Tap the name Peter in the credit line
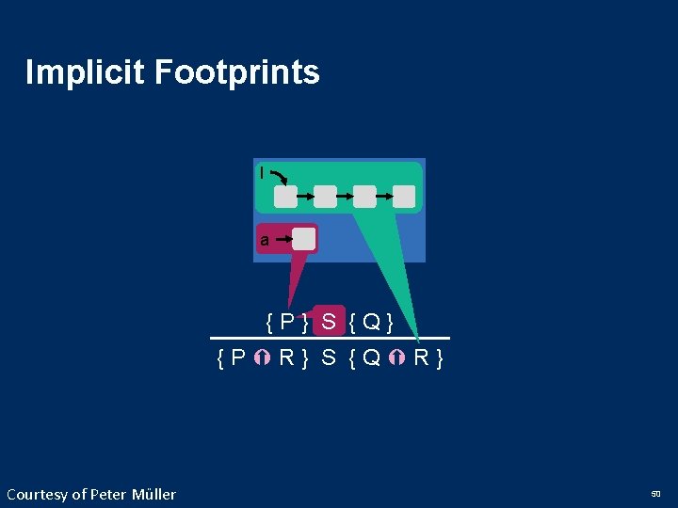click(x=118, y=494)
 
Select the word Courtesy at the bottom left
click(x=38, y=494)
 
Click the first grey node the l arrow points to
click(x=285, y=196)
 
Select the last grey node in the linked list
click(x=404, y=196)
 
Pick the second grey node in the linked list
click(x=325, y=196)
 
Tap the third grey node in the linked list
click(x=364, y=196)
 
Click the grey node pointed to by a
click(x=303, y=239)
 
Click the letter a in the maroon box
click(x=265, y=240)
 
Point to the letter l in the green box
click(x=262, y=173)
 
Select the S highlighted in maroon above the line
click(x=328, y=322)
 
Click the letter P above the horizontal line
click(x=287, y=323)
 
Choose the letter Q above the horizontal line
click(x=371, y=323)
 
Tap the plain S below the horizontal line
click(x=329, y=357)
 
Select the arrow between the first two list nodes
click(x=305, y=196)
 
